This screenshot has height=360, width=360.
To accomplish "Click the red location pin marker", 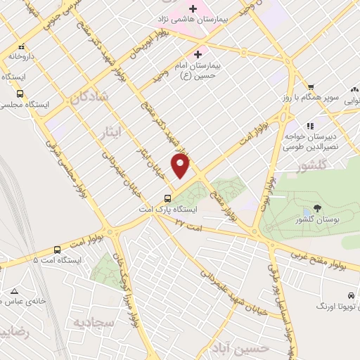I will click(181, 167).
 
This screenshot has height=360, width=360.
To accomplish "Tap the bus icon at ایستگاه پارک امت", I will click(167, 198).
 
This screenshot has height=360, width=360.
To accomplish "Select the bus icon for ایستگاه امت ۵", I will click(57, 250).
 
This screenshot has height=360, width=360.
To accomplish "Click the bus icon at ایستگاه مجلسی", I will click(20, 92).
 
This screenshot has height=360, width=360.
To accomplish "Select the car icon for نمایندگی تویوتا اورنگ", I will click(349, 295).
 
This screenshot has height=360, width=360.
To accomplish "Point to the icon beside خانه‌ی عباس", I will click(15, 290).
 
